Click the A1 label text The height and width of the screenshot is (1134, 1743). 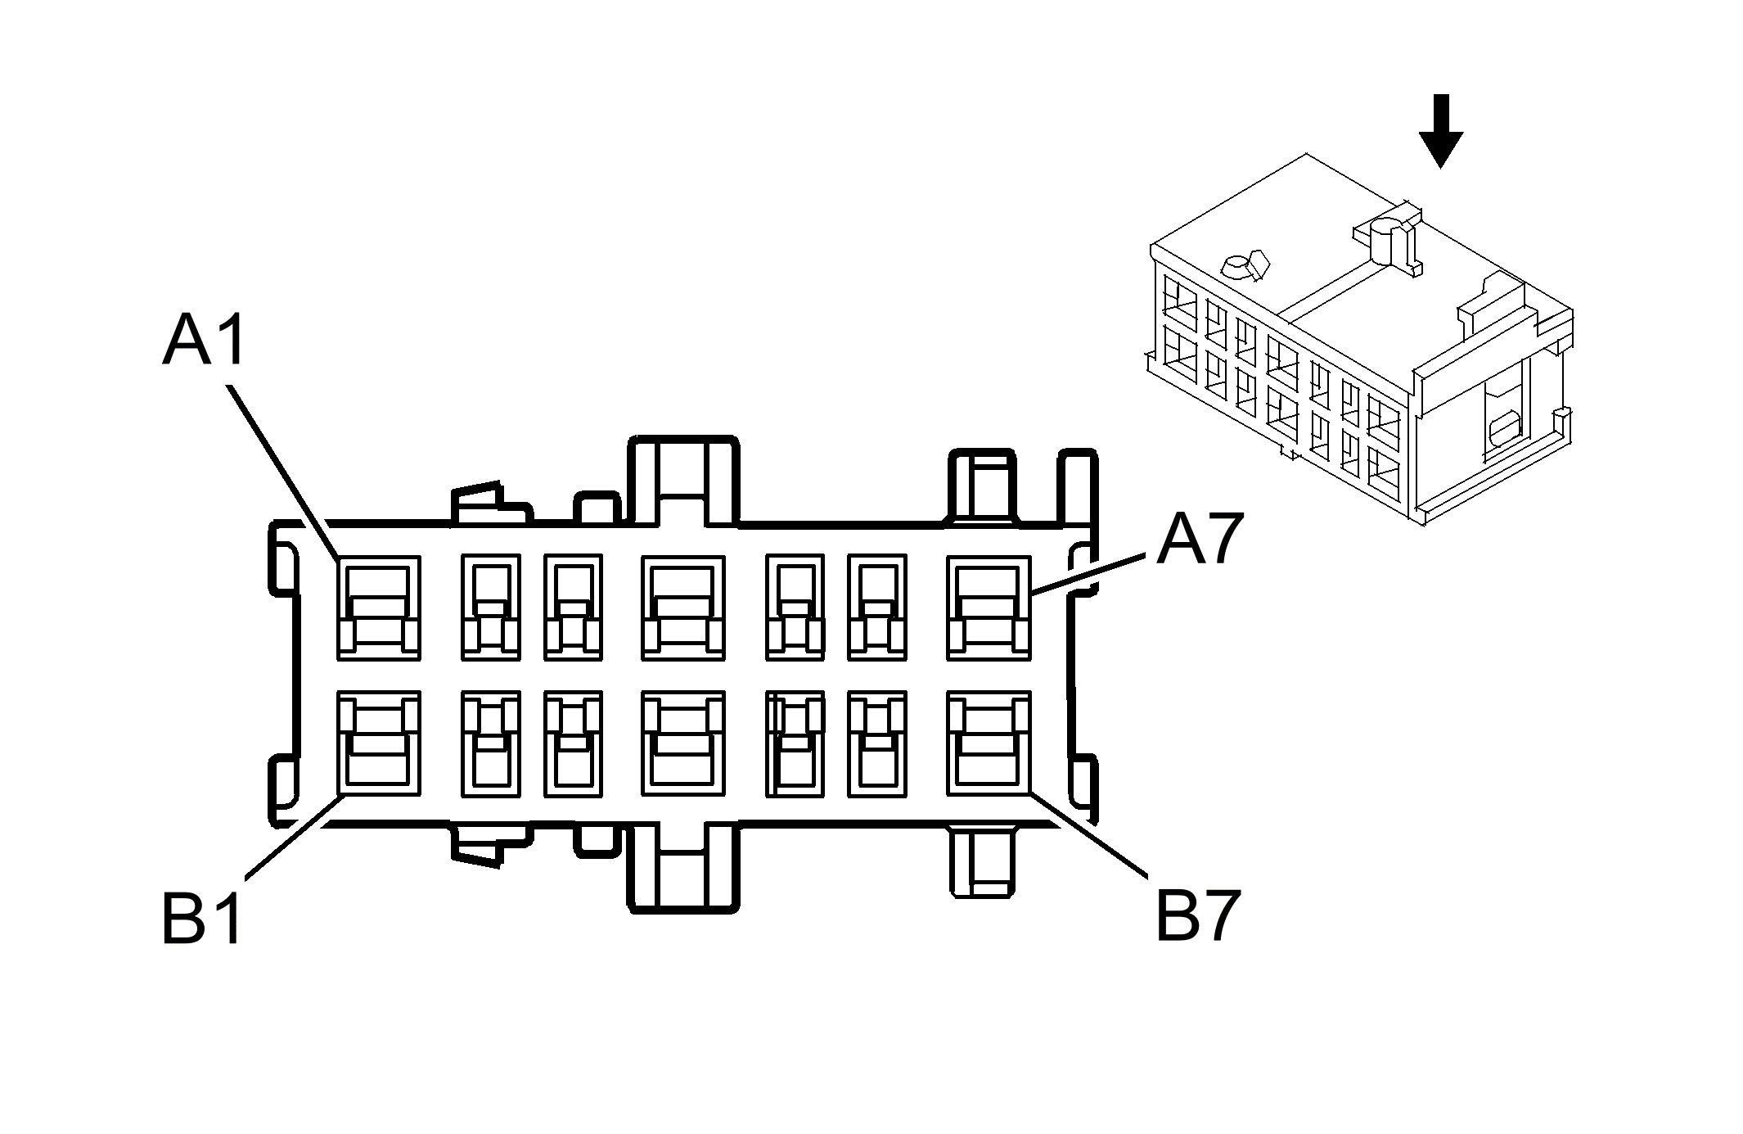click(204, 341)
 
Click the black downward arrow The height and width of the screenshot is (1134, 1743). click(1440, 131)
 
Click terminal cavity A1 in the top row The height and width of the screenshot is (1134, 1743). click(379, 608)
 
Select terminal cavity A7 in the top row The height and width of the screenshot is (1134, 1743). click(989, 608)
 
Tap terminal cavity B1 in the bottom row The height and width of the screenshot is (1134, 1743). click(379, 743)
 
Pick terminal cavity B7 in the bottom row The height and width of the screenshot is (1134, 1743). click(989, 743)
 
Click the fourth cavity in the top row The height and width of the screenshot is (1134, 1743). click(683, 608)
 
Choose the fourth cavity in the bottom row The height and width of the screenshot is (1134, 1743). click(683, 743)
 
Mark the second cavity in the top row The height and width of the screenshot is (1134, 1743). click(490, 608)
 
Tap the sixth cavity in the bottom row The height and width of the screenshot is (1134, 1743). click(877, 743)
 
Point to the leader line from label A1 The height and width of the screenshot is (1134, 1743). click(282, 471)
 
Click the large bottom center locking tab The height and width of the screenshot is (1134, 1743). click(682, 868)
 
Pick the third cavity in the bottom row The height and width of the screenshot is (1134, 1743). click(573, 743)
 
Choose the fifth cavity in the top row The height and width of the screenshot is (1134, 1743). click(795, 608)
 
